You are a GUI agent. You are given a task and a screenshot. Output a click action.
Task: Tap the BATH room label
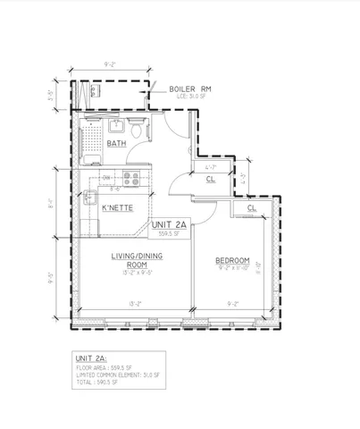point(117,143)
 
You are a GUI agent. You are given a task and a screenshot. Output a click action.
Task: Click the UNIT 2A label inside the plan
point(170,224)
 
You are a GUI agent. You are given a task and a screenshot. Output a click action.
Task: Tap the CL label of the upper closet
point(210,180)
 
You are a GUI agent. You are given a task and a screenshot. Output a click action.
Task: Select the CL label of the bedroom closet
point(252,209)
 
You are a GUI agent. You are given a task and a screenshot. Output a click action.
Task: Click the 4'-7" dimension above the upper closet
point(211,167)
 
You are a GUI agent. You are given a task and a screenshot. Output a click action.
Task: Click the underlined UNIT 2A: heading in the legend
point(93,358)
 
